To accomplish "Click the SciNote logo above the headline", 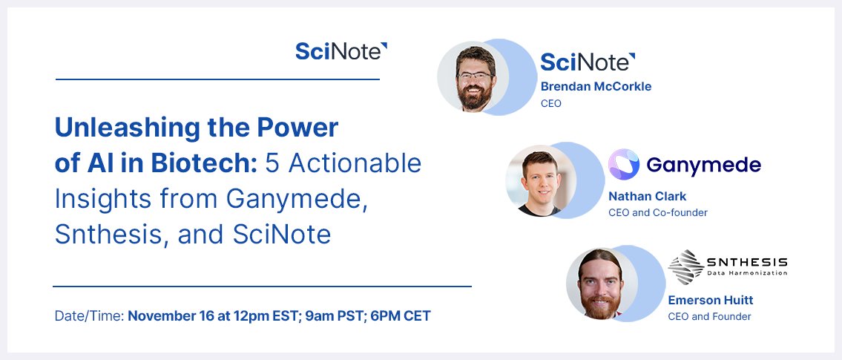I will click(341, 51).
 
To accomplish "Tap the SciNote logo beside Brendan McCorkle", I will click(588, 62).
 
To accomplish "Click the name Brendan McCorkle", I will click(596, 86).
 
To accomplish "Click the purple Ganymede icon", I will click(624, 165).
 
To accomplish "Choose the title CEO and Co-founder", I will click(657, 213).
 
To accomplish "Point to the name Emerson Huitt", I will click(711, 300).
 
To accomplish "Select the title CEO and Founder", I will click(709, 317).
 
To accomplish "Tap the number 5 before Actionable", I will click(272, 163).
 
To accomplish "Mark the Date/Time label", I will click(89, 316).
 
